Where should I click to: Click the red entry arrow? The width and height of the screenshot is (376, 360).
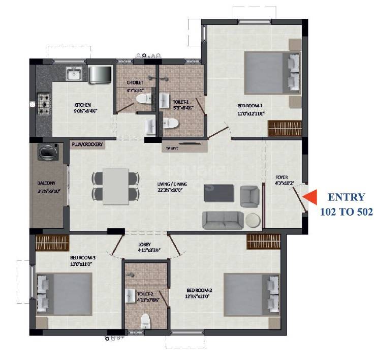(x=309, y=196)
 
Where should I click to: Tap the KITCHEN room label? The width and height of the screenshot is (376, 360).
(x=82, y=105)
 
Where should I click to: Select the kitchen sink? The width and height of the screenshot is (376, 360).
(x=74, y=75)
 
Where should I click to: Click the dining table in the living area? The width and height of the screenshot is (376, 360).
(x=115, y=186)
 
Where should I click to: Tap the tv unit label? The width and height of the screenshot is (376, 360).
(x=172, y=148)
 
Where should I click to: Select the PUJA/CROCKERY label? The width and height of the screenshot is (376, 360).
(x=87, y=144)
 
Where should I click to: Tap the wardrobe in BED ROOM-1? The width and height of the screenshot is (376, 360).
(x=285, y=128)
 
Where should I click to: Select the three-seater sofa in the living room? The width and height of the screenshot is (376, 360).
(x=223, y=220)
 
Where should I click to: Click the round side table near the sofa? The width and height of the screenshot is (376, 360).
(x=253, y=220)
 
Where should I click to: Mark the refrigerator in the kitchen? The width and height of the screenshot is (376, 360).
(x=100, y=74)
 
